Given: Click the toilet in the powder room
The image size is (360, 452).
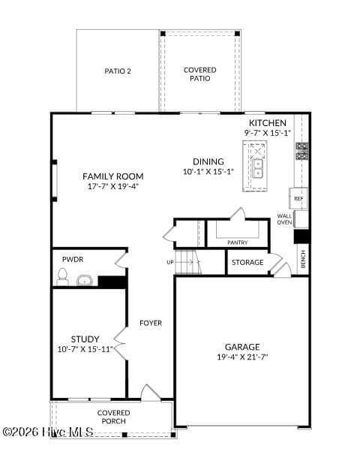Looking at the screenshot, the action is [x=62, y=277].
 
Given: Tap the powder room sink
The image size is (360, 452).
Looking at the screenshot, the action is [x=85, y=280].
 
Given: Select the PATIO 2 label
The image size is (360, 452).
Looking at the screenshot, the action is [x=118, y=71].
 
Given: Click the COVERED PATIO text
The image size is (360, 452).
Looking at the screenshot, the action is [x=199, y=74].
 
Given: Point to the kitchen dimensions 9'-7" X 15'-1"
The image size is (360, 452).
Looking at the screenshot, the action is [x=268, y=133].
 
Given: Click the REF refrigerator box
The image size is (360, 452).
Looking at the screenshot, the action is [x=298, y=198].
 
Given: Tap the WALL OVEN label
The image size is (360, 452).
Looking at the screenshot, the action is [x=284, y=219].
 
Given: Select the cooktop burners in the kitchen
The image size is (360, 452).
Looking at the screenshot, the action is [x=301, y=151].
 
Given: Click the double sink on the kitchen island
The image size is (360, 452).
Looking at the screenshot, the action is [x=258, y=168].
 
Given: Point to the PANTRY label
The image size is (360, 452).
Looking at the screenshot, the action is [x=237, y=243].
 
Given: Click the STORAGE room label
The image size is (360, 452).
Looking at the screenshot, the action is [x=247, y=262].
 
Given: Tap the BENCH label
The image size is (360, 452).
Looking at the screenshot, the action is [x=303, y=259].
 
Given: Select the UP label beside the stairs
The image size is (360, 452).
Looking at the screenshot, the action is [x=170, y=262].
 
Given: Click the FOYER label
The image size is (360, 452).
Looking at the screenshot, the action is [x=151, y=323].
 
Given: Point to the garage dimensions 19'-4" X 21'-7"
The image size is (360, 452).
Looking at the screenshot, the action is [x=242, y=357].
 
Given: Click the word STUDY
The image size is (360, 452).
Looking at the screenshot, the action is [x=85, y=339].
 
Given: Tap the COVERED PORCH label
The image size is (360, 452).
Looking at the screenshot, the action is [x=113, y=417].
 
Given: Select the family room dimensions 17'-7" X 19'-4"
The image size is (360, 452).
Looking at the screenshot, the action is [x=113, y=186].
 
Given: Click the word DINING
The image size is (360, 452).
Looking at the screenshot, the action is [x=208, y=161].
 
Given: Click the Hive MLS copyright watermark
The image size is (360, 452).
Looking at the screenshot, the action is [x=48, y=432].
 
